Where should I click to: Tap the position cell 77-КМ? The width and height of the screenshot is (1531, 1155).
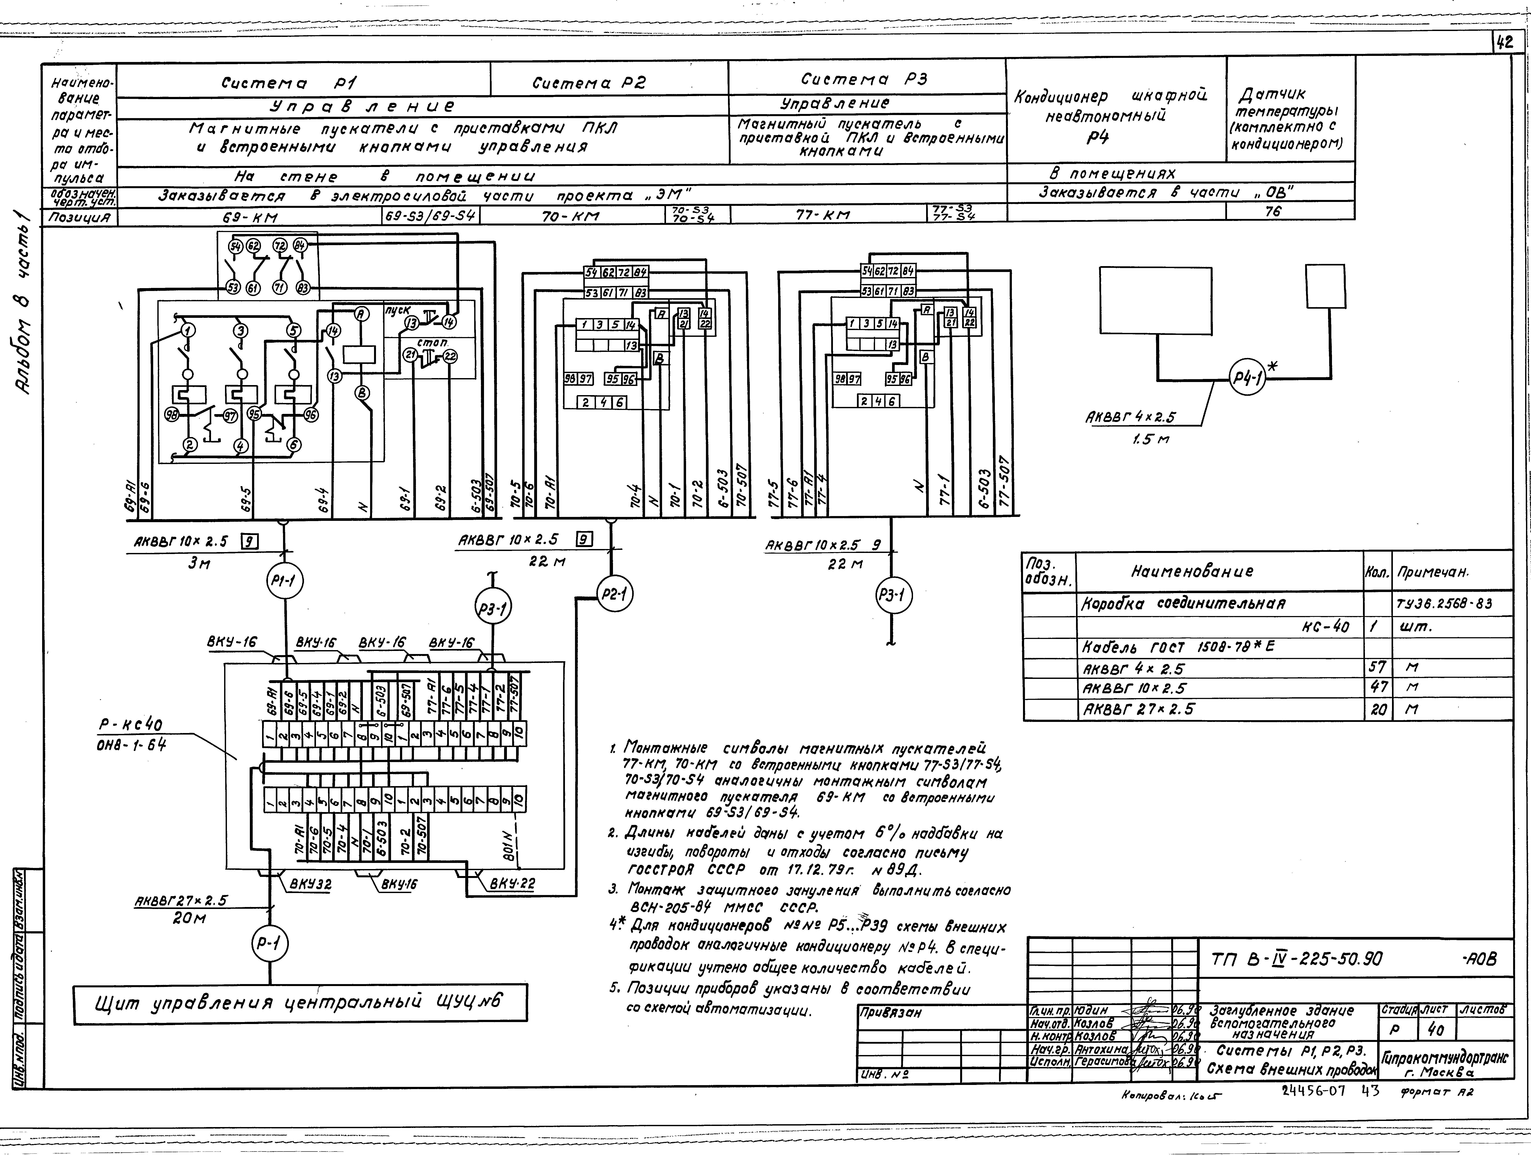point(827,215)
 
